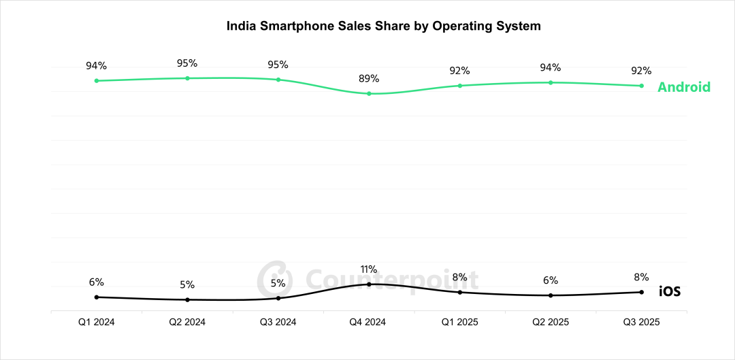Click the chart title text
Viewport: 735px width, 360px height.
point(383,27)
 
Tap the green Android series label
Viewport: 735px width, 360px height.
point(683,87)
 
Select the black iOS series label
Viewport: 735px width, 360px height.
point(670,292)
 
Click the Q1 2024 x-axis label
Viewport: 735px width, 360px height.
point(96,322)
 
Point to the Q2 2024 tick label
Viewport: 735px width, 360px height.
point(187,322)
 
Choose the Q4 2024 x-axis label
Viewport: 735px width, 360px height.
point(369,322)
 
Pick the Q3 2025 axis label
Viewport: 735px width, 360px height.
point(641,322)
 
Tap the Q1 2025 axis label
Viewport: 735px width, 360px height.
point(460,322)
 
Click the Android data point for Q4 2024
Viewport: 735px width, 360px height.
point(369,93)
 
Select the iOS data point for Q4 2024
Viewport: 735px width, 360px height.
point(369,284)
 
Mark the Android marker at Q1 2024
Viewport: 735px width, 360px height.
point(96,80)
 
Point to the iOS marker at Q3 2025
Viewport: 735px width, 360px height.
point(641,292)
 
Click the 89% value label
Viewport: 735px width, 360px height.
point(369,78)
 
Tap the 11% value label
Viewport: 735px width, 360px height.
point(369,269)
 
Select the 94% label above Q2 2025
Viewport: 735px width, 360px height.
point(551,67)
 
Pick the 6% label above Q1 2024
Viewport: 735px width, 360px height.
point(96,282)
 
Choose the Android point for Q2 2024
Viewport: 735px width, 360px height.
point(187,78)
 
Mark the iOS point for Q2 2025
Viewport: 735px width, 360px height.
point(551,295)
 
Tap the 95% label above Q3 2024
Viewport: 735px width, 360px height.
point(278,65)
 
